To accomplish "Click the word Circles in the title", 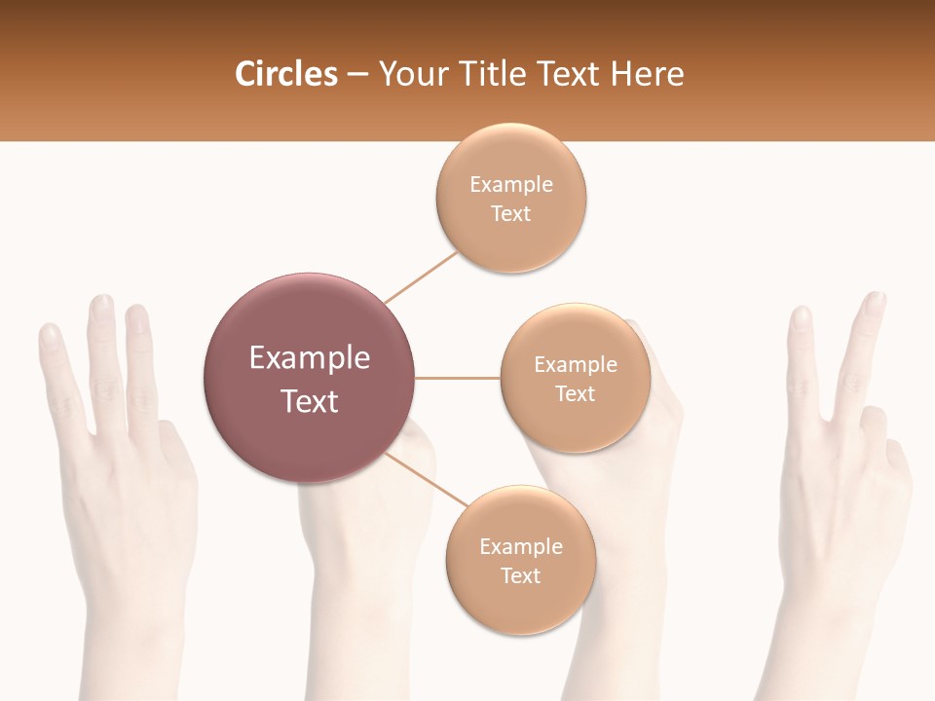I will (285, 74).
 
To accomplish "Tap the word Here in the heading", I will (648, 74).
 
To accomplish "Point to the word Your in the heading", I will (410, 74).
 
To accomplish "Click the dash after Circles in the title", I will (357, 75).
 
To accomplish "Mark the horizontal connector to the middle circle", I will (457, 378).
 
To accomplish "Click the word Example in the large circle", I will (310, 358).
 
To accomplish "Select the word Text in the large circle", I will (310, 401).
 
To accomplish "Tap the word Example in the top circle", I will (510, 185).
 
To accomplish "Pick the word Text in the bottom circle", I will (520, 575).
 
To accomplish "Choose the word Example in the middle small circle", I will (575, 365).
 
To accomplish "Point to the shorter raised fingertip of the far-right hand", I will (801, 315).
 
